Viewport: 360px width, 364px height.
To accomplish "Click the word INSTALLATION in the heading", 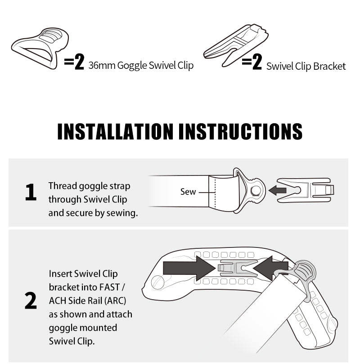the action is (x=115, y=131).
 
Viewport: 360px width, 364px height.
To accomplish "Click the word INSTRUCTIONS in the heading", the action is (x=240, y=131).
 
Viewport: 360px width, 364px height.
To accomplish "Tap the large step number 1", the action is (x=31, y=192).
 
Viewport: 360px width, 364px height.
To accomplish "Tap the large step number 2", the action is (x=31, y=301).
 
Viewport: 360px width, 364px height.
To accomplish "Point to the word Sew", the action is (x=188, y=192).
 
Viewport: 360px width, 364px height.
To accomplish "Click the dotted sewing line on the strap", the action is (x=215, y=192).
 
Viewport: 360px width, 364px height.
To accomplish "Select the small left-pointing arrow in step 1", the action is (x=277, y=190).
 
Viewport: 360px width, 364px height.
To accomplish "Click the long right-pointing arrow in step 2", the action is (x=189, y=268).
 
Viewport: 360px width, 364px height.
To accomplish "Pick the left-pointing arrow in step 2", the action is (x=270, y=268).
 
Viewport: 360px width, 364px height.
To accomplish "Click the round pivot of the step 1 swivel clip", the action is (x=255, y=191).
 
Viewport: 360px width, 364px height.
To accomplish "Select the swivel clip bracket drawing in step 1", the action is (x=306, y=190).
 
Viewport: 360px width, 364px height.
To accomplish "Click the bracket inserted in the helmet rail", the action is (x=238, y=268).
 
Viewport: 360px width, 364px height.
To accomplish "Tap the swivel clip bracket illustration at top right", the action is (x=236, y=45).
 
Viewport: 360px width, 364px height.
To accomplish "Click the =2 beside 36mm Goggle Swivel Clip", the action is (x=74, y=62).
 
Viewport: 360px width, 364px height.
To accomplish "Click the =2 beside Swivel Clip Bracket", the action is (x=252, y=62).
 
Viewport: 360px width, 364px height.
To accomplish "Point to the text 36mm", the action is (x=102, y=65).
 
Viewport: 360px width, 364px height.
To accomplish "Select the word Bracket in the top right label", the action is (x=329, y=67).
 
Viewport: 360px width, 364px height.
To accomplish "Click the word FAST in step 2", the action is (x=109, y=287).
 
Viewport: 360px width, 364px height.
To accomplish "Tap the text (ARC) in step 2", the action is (x=115, y=301).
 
